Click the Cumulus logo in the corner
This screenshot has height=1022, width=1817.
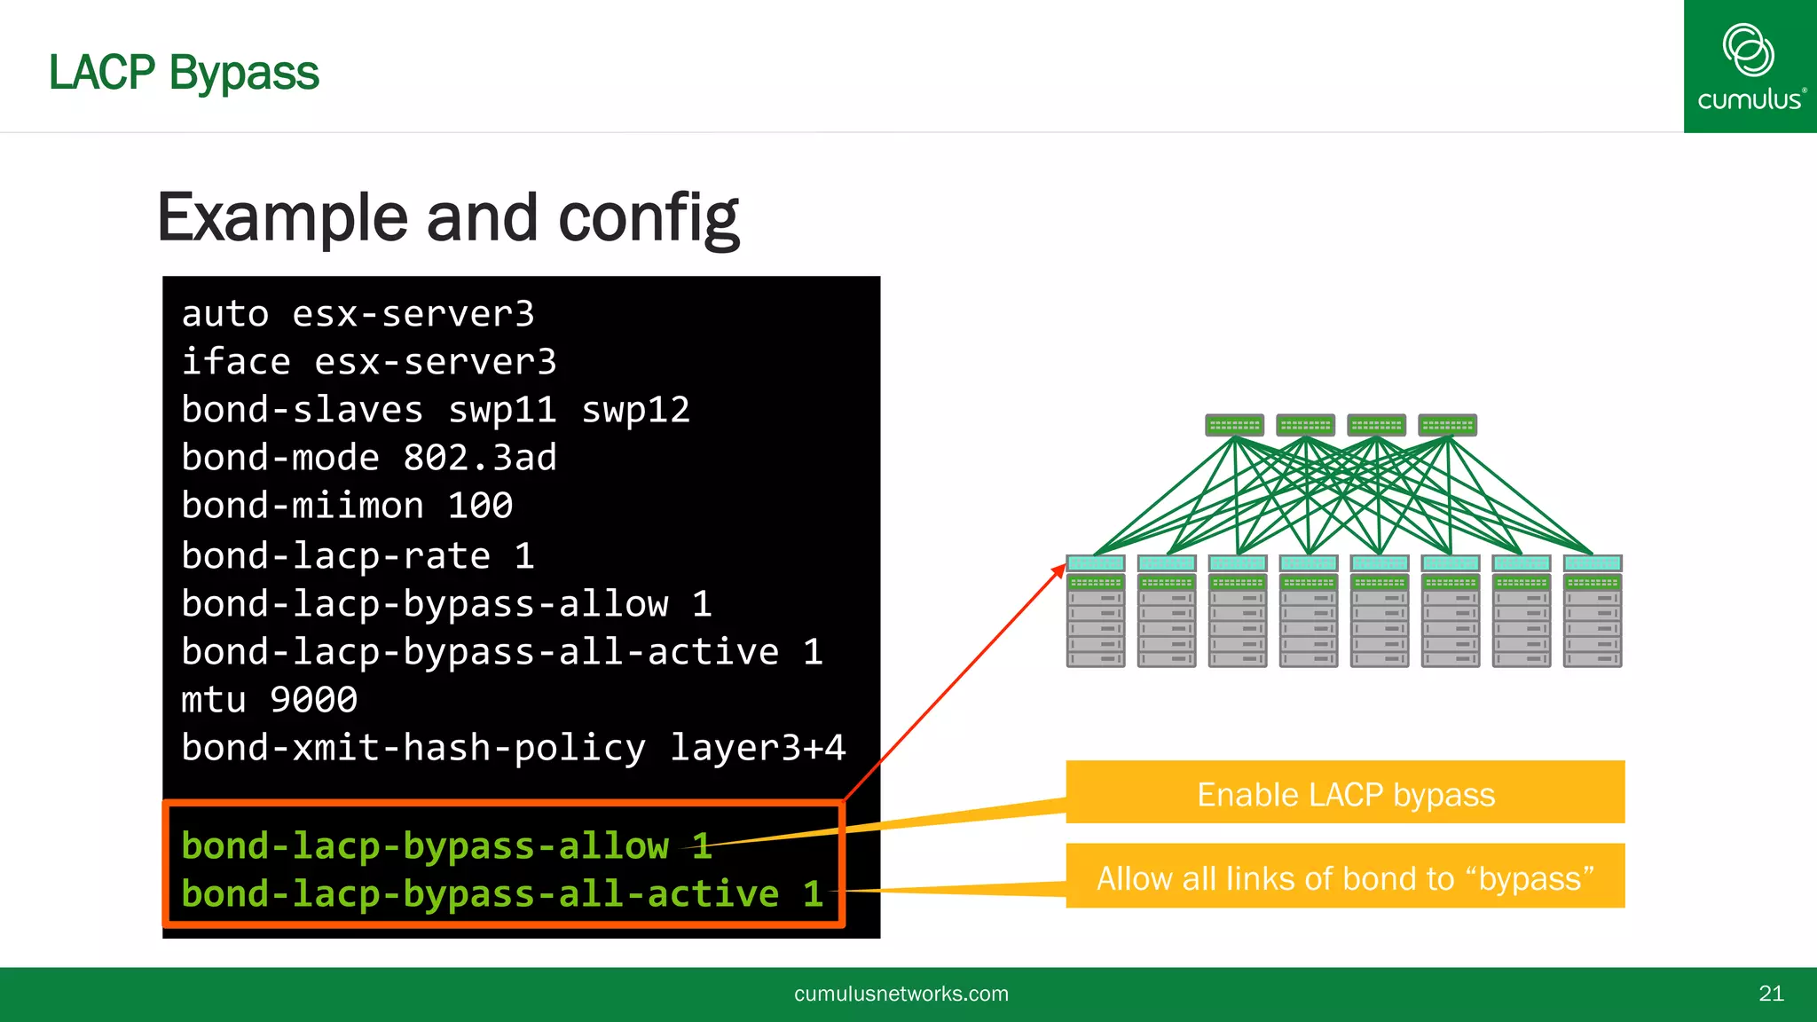tap(1750, 67)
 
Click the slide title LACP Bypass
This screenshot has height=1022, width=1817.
tap(184, 73)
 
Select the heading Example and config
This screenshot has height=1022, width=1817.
tap(448, 218)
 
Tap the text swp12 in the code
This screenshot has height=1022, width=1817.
tap(635, 410)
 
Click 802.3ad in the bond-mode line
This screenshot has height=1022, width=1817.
tap(479, 458)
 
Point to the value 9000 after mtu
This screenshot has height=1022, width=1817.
tap(313, 700)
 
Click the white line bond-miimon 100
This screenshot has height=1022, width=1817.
tap(347, 506)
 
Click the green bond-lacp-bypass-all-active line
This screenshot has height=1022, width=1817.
tap(502, 893)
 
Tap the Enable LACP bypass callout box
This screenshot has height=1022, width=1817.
tap(1345, 792)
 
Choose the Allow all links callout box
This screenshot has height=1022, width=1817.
tap(1345, 877)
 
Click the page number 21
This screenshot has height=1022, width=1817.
tap(1771, 994)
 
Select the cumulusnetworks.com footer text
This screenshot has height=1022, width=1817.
tap(901, 994)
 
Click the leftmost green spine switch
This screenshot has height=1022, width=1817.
tap(1234, 425)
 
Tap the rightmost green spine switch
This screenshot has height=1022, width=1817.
tap(1447, 425)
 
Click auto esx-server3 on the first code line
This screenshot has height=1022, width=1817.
tap(358, 314)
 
